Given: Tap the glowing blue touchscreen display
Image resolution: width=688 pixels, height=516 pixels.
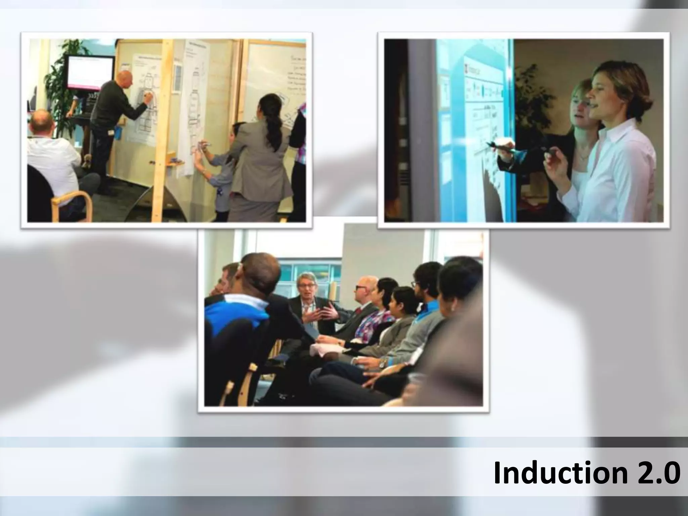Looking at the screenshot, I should pos(477,128).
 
